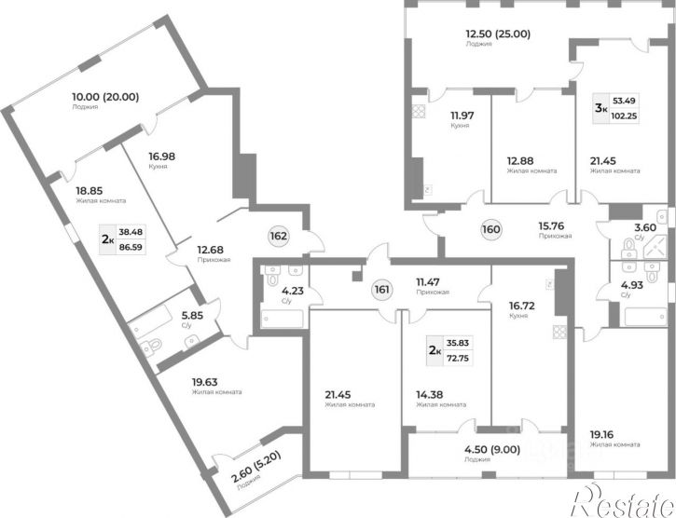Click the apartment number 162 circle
279,236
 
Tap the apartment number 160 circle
491,229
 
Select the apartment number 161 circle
382,290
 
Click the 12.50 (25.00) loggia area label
498,34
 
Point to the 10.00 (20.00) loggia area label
105,97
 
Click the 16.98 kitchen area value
162,157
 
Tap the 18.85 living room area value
90,190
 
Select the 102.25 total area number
625,116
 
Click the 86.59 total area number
131,248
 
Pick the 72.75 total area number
458,358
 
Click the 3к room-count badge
601,108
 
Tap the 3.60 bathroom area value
645,227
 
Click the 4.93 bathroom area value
632,285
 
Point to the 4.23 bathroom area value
293,291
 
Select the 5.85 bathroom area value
192,316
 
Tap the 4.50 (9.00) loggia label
492,449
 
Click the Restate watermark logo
623,501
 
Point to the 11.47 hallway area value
428,282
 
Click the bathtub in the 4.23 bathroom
283,319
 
